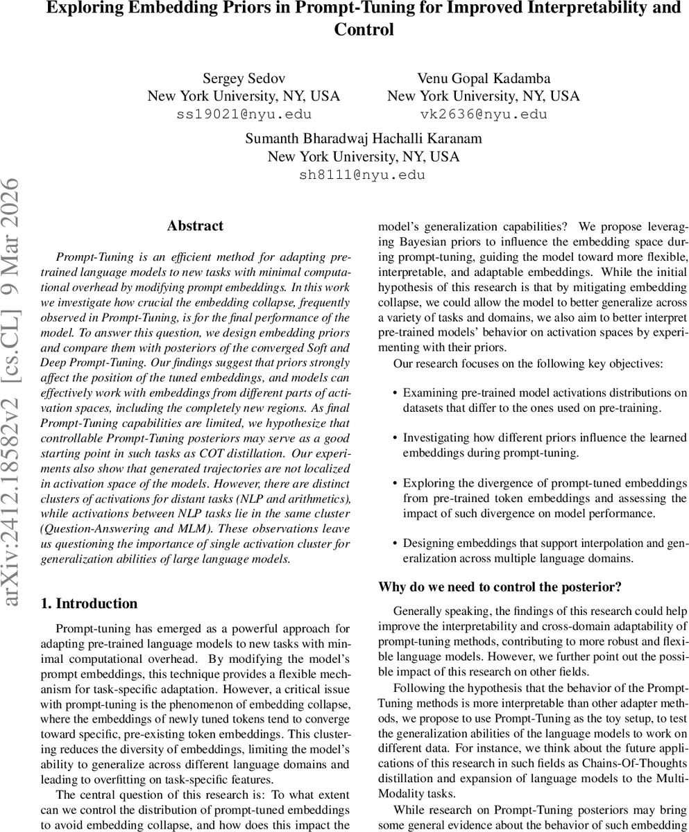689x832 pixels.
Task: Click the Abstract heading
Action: pyautogui.click(x=195, y=226)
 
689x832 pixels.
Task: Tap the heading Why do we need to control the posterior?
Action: pyautogui.click(x=500, y=587)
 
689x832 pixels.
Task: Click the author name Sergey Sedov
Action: pyautogui.click(x=244, y=78)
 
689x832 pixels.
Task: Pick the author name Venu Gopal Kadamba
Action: pyautogui.click(x=484, y=78)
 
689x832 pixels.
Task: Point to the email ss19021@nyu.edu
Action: pyautogui.click(x=244, y=114)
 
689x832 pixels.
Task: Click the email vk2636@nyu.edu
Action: pyautogui.click(x=484, y=114)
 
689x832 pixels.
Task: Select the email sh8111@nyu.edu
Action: pyautogui.click(x=362, y=175)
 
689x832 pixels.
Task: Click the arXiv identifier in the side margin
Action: pyautogui.click(x=13, y=392)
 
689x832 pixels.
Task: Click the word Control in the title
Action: pyautogui.click(x=364, y=30)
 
